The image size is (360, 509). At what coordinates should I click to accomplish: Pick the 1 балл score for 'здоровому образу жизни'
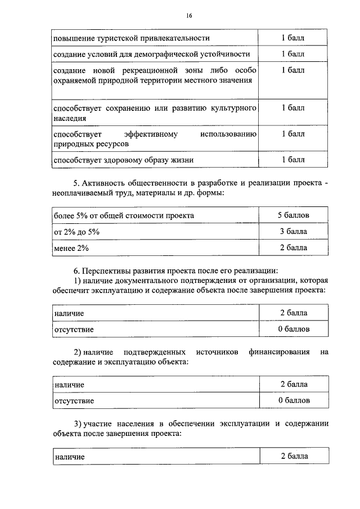[x=292, y=160]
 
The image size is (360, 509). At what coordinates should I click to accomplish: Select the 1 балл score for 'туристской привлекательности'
[x=292, y=38]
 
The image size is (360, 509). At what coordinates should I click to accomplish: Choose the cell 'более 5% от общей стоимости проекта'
[x=124, y=215]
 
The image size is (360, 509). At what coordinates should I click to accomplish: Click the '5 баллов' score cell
[x=292, y=215]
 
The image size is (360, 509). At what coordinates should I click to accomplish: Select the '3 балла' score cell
[x=292, y=231]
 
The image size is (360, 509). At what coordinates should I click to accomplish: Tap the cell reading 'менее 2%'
[x=71, y=247]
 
